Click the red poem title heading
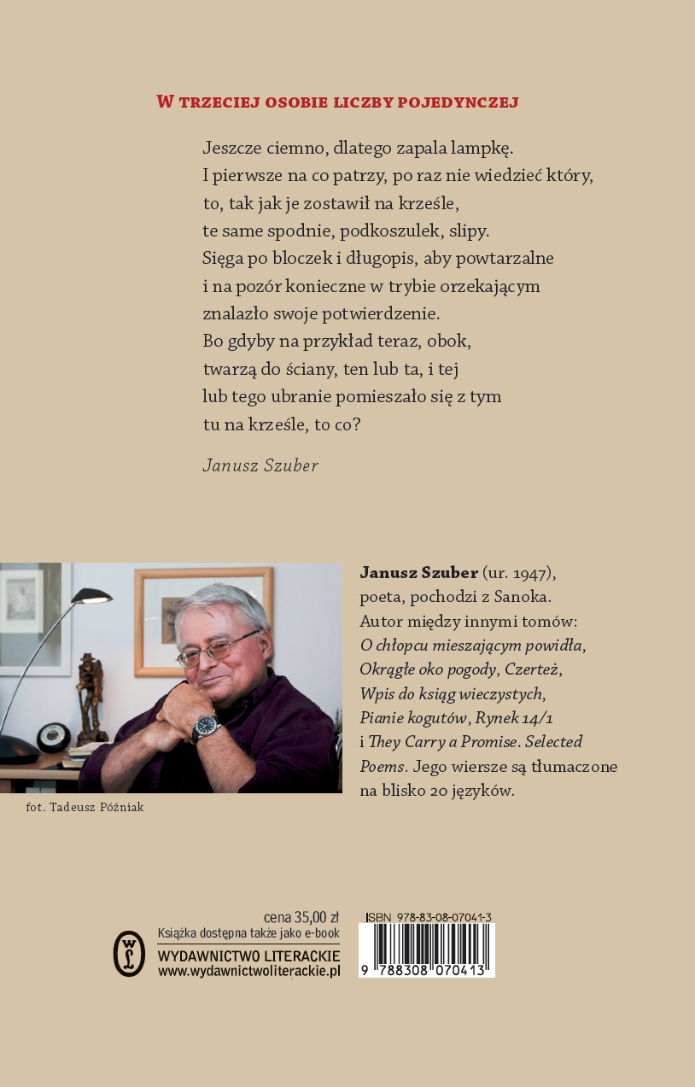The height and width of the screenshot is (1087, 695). click(x=338, y=102)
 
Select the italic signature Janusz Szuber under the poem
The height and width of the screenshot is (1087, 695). click(x=260, y=465)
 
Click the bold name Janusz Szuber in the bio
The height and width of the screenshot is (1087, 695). click(x=418, y=571)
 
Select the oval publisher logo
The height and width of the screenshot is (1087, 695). click(x=129, y=953)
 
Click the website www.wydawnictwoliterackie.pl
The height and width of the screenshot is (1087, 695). click(x=249, y=971)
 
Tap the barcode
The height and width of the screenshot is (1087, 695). click(x=426, y=950)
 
